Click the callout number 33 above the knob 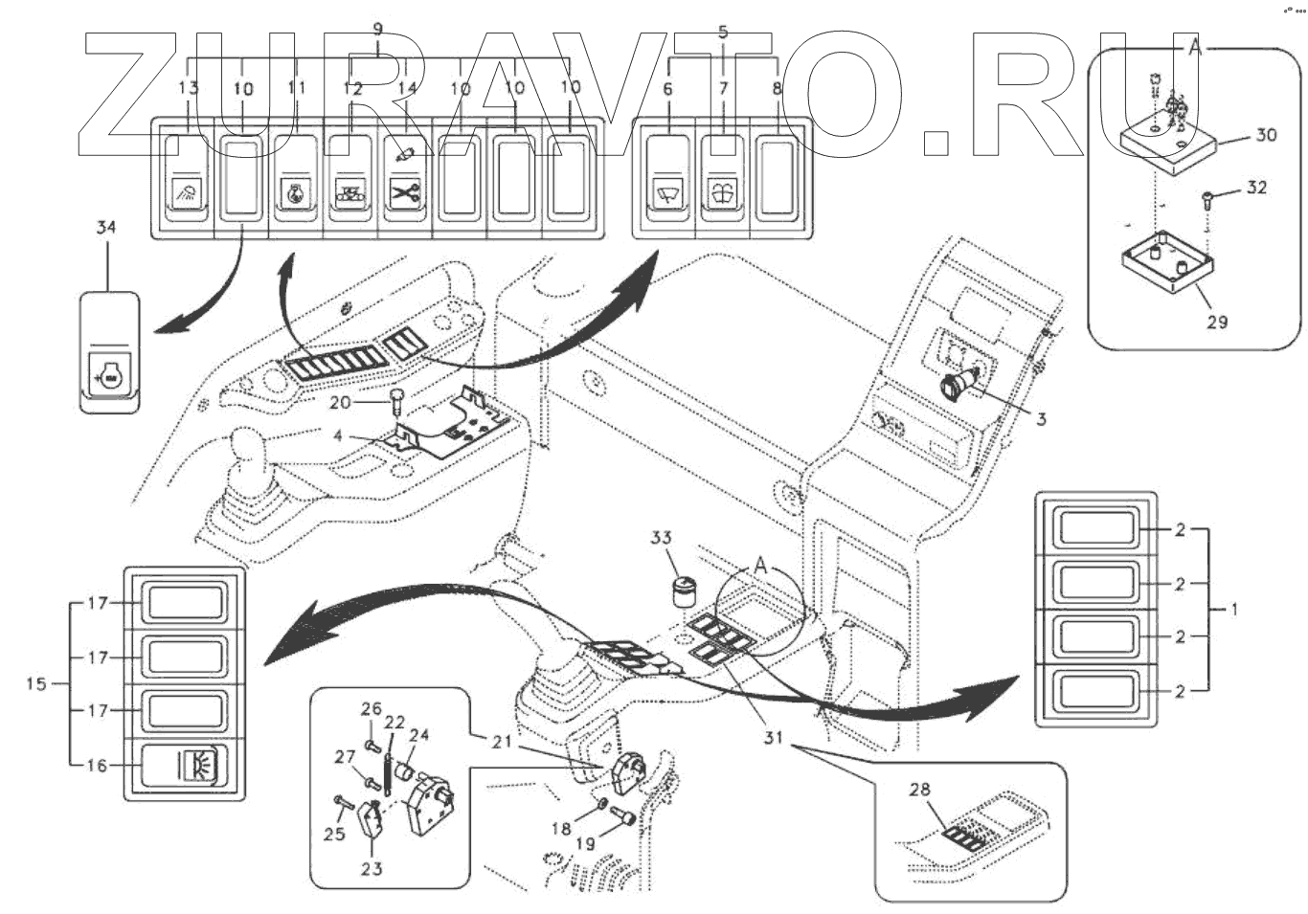pyautogui.click(x=661, y=538)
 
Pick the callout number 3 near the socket pyautogui.click(x=1041, y=418)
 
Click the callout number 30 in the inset pyautogui.click(x=1266, y=135)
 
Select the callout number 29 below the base pyautogui.click(x=1216, y=322)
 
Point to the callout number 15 pyautogui.click(x=35, y=684)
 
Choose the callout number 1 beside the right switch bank pyautogui.click(x=1234, y=609)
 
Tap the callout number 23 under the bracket pyautogui.click(x=372, y=868)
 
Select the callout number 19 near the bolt pyautogui.click(x=585, y=844)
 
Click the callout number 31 pyautogui.click(x=773, y=738)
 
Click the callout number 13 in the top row pyautogui.click(x=189, y=88)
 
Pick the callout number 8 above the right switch pyautogui.click(x=777, y=88)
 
